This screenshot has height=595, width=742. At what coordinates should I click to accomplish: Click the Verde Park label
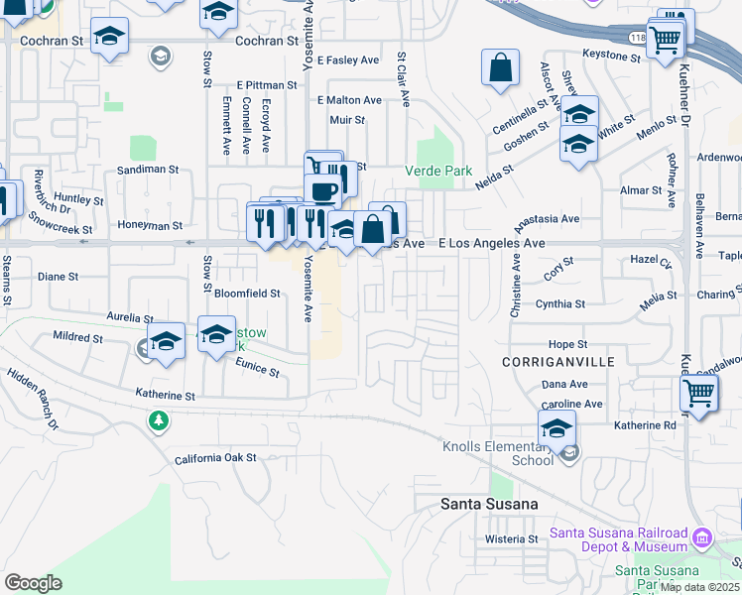tap(438, 171)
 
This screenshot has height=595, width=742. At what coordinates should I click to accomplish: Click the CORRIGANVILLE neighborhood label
tap(558, 362)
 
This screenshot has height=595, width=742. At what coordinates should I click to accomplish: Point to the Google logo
tap(33, 583)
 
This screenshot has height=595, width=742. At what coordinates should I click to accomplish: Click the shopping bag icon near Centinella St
tap(501, 69)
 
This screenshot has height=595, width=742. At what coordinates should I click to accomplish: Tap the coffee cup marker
tap(322, 189)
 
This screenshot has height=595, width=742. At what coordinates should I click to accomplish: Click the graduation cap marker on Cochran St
tap(109, 39)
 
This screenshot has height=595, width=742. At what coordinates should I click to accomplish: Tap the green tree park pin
tap(158, 421)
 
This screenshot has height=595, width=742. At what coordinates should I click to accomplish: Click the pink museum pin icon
tap(702, 538)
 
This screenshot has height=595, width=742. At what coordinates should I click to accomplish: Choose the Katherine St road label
tap(165, 396)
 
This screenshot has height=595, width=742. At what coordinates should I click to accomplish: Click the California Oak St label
tap(215, 458)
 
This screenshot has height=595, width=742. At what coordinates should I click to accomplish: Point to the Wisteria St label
tap(511, 539)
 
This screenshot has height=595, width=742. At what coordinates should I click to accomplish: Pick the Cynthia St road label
tap(560, 304)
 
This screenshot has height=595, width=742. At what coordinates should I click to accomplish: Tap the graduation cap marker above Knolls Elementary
tap(556, 428)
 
